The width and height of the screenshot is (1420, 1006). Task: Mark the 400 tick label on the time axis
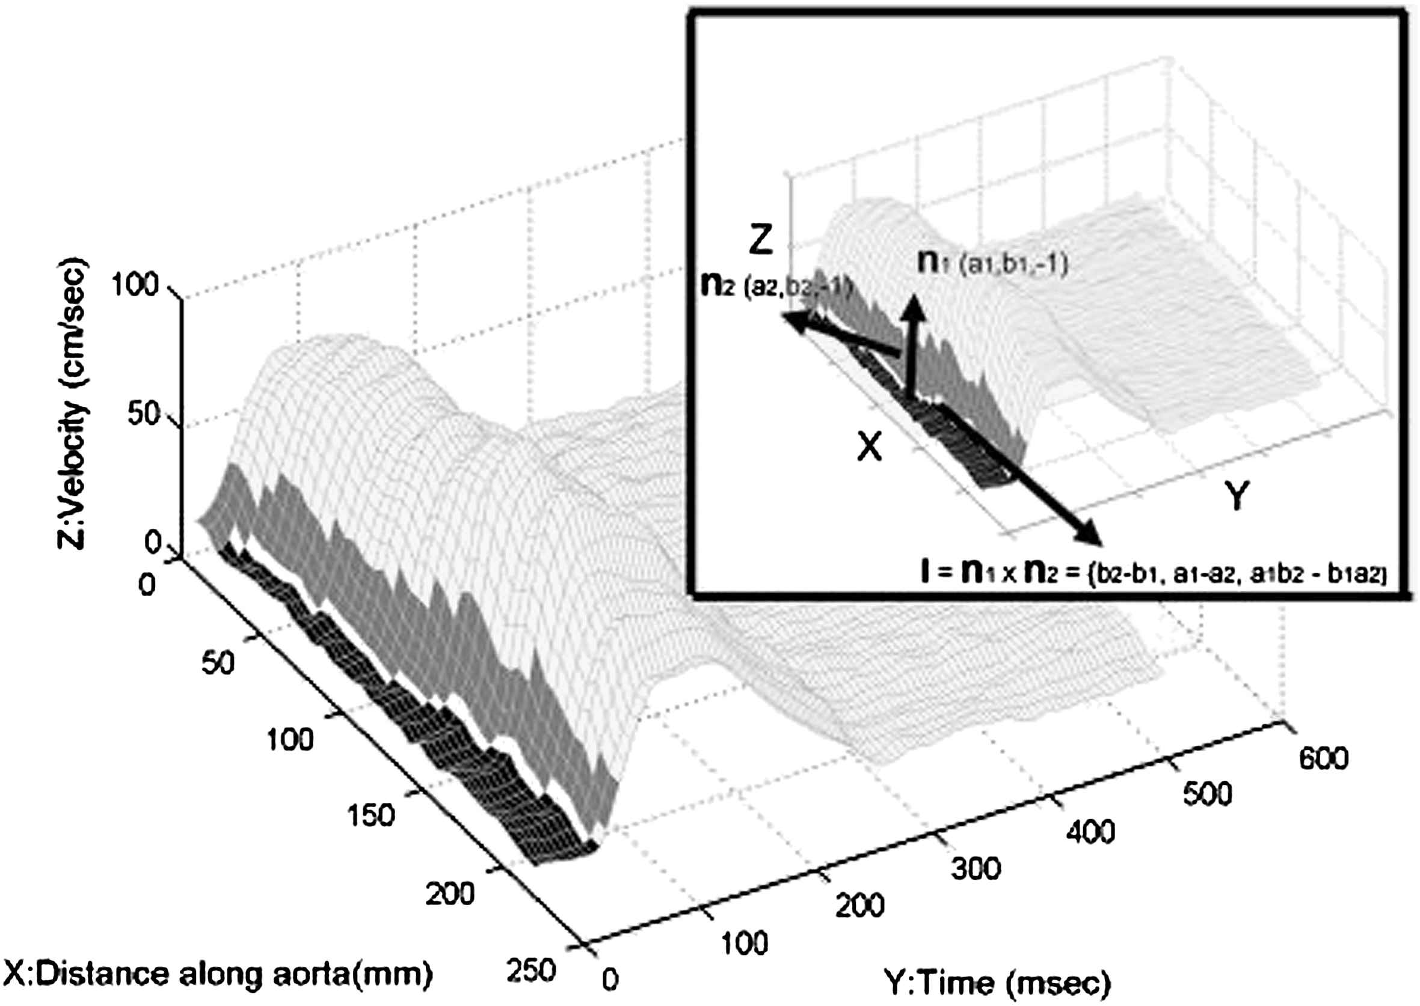[x=1091, y=831]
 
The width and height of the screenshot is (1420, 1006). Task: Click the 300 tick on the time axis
[x=976, y=868]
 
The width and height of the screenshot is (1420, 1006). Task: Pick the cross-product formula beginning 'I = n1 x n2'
[x=1152, y=575]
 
